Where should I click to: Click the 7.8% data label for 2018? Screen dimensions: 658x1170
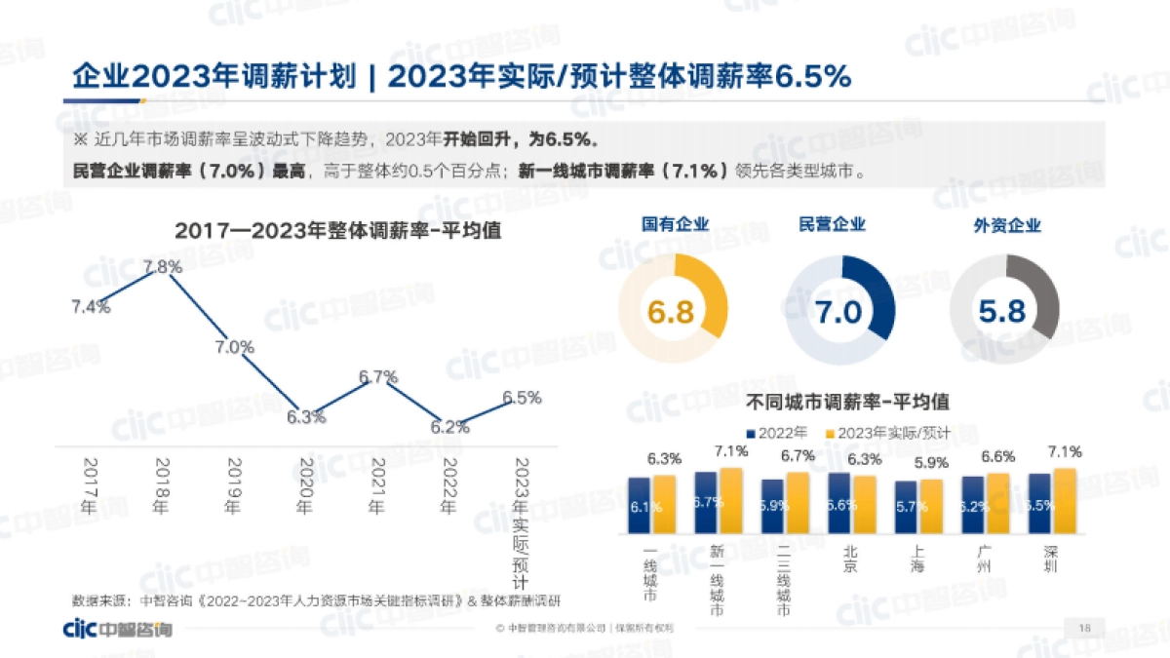[x=162, y=266]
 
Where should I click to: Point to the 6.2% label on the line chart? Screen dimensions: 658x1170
[x=449, y=427]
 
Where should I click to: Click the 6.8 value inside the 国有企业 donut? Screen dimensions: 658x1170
[x=671, y=312]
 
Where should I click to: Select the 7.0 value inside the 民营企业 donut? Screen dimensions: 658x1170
[x=838, y=312]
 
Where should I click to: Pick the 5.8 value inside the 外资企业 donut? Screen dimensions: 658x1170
[x=1003, y=312]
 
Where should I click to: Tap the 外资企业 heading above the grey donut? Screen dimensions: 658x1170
[x=1007, y=225]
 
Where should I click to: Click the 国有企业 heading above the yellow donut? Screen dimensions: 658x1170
[x=675, y=225]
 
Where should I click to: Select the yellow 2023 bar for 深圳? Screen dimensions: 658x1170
[x=1065, y=502]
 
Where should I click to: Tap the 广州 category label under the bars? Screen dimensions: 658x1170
[x=986, y=560]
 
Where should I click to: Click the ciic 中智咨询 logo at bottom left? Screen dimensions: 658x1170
[x=116, y=629]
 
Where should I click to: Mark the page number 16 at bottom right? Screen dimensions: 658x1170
[x=1084, y=627]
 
